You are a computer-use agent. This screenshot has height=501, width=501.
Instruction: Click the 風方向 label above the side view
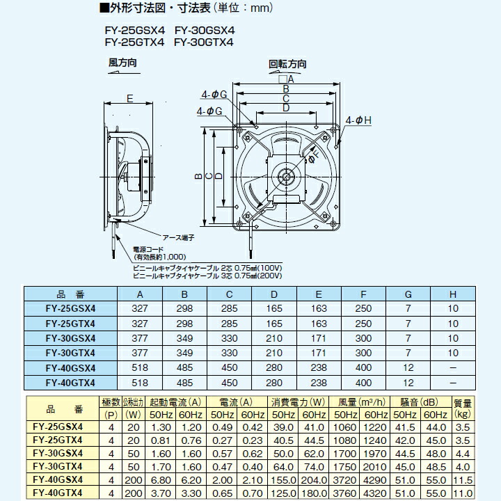122,63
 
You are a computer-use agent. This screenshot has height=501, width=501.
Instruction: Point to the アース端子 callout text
178,237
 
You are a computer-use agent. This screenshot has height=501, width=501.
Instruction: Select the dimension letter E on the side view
129,100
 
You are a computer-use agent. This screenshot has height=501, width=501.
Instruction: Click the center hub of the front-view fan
285,175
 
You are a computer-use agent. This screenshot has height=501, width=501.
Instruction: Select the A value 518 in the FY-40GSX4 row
141,368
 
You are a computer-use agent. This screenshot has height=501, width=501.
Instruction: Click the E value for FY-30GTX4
319,353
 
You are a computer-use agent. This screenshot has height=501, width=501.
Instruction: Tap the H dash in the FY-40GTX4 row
453,383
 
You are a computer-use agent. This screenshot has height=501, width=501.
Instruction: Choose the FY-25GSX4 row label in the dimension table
70,308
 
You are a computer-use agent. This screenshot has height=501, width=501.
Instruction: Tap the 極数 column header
111,402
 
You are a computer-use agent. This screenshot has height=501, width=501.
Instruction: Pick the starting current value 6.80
160,480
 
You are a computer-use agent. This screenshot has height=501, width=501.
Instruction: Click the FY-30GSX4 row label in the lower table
59,453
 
